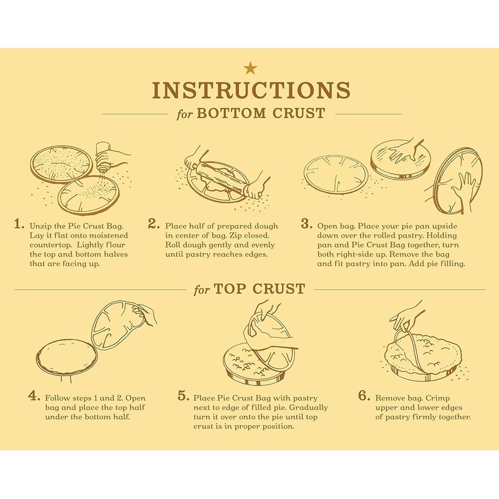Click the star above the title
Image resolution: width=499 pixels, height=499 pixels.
pos(250,67)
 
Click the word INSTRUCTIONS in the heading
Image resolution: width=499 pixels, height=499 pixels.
pos(251,90)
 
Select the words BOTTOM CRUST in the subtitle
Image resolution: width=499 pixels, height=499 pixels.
pos(261,114)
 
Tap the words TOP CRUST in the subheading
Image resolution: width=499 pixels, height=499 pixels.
pos(259,289)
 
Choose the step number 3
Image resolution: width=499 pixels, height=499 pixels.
pos(306,224)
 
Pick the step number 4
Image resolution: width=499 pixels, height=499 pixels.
pos(34,397)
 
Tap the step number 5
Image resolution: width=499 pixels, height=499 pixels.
pos(183,396)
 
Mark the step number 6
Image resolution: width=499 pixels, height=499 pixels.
pos(364,396)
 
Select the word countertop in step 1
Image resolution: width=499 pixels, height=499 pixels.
pos(51,245)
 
